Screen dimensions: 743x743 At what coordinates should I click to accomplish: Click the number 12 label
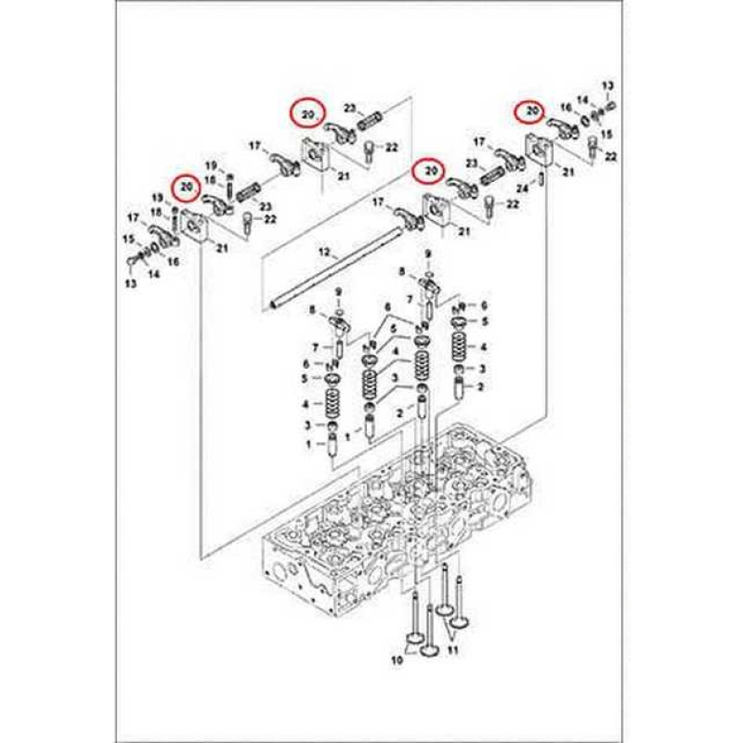tap(324, 253)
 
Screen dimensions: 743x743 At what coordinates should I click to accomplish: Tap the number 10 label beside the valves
tap(398, 659)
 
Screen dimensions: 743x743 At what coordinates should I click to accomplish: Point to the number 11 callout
tap(453, 650)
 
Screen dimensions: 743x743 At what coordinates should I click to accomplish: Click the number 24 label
tap(522, 189)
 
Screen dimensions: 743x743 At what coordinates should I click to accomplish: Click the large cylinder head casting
tap(394, 521)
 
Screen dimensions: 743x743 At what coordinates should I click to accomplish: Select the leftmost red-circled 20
tap(188, 187)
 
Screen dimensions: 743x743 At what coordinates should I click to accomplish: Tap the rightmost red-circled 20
tap(530, 111)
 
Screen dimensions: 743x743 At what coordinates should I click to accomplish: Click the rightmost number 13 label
tap(608, 85)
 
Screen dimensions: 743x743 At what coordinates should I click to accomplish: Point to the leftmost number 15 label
tap(129, 240)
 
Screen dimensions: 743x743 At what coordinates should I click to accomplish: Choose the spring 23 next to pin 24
tap(493, 176)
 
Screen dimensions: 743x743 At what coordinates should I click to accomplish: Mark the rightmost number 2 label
tap(480, 387)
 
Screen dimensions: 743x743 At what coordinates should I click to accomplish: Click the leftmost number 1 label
tap(309, 444)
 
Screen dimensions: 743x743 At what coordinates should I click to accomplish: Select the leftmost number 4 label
tap(306, 404)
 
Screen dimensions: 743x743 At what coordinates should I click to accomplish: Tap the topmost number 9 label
tap(428, 254)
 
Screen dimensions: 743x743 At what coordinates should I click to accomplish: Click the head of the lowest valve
tap(428, 652)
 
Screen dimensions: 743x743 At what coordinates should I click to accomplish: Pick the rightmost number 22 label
tap(611, 156)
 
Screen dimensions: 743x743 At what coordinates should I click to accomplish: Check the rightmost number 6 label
tap(484, 306)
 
